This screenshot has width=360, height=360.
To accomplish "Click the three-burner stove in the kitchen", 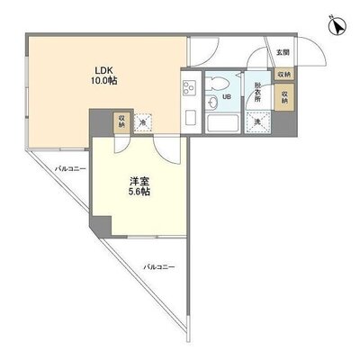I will click(x=190, y=89).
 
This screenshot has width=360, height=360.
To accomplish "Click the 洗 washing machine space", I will click(x=258, y=122).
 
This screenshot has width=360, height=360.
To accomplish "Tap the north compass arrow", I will click(x=336, y=27).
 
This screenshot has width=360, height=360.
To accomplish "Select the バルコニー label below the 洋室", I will click(x=159, y=267).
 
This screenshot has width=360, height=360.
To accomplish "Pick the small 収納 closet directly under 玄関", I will click(x=283, y=76).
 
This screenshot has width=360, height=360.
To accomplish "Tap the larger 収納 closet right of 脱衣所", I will click(x=284, y=96).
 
